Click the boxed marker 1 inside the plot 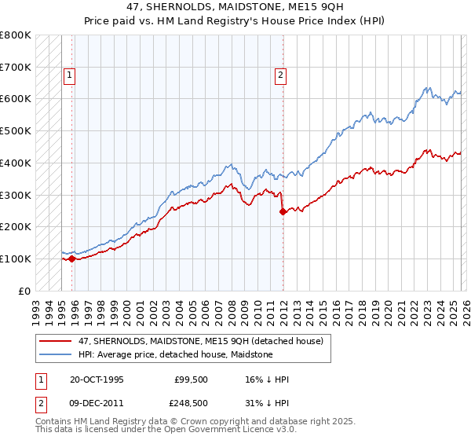(70, 75)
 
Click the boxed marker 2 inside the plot (280, 75)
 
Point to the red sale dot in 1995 (72, 258)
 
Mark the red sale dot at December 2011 (283, 211)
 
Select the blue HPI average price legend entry (175, 354)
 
